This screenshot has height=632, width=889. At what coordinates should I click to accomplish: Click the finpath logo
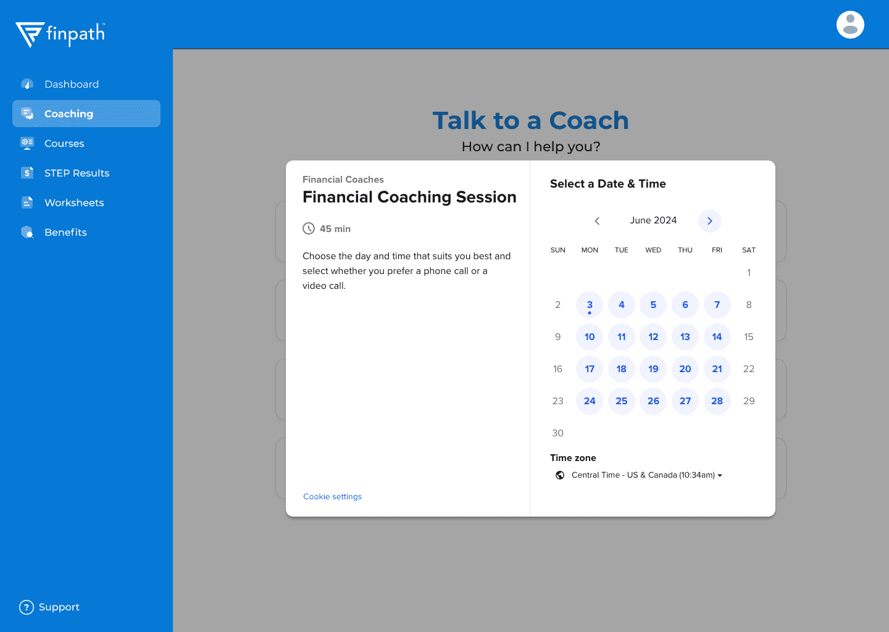point(61,35)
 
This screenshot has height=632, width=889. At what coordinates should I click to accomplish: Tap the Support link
point(49,607)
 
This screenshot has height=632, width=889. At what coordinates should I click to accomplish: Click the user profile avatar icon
point(850,25)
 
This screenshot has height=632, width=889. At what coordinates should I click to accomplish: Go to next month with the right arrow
point(709,220)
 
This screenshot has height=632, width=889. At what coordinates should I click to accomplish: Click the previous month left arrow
point(597,220)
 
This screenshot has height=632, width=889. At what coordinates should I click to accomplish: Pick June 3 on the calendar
point(590,305)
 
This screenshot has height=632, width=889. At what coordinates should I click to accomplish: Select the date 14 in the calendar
point(717,337)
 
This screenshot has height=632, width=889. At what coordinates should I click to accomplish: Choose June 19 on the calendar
point(653,369)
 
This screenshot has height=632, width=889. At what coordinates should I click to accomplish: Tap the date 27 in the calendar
point(685,401)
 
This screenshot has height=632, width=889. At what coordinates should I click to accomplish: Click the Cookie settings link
point(332,496)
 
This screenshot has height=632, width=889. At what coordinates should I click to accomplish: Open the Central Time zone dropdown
point(646,475)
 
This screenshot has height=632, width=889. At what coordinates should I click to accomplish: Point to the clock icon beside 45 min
point(309,228)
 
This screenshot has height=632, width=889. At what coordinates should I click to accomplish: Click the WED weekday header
point(653,250)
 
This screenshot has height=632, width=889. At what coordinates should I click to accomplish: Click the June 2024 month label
point(653,220)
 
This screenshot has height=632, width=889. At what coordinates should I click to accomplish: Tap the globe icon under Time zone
point(560,475)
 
